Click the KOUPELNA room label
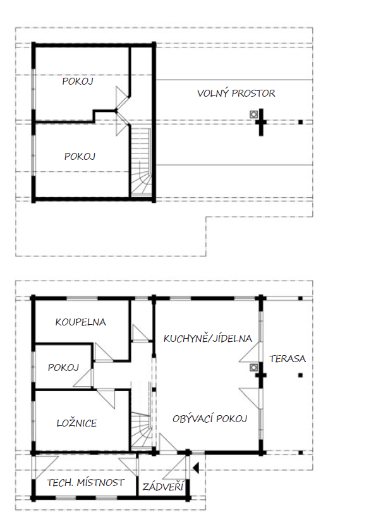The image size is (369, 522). tap(80, 322)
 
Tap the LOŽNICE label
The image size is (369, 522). tap(76, 423)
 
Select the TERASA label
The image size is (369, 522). tap(287, 358)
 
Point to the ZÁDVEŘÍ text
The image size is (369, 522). tap(163, 487)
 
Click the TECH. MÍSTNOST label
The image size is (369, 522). tap(85, 482)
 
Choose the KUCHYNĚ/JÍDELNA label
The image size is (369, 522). tap(208, 338)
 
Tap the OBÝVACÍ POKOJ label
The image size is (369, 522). tap(210, 418)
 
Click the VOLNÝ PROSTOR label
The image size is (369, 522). tap(236, 94)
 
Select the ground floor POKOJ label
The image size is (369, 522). tap(63, 367)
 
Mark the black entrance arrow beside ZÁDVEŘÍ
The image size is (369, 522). tap(196, 468)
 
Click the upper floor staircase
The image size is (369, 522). tap(141, 162)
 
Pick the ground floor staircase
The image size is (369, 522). tap(142, 431)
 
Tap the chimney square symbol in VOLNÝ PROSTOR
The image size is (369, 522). tap(253, 114)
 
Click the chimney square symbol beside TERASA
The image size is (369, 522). tap(253, 368)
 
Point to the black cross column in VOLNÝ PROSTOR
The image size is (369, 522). tap(261, 122)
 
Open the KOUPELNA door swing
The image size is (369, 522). tap(103, 352)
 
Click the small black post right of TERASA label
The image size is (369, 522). tap(301, 375)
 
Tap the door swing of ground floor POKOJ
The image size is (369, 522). tap(84, 378)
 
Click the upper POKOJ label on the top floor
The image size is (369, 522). tap(78, 81)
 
